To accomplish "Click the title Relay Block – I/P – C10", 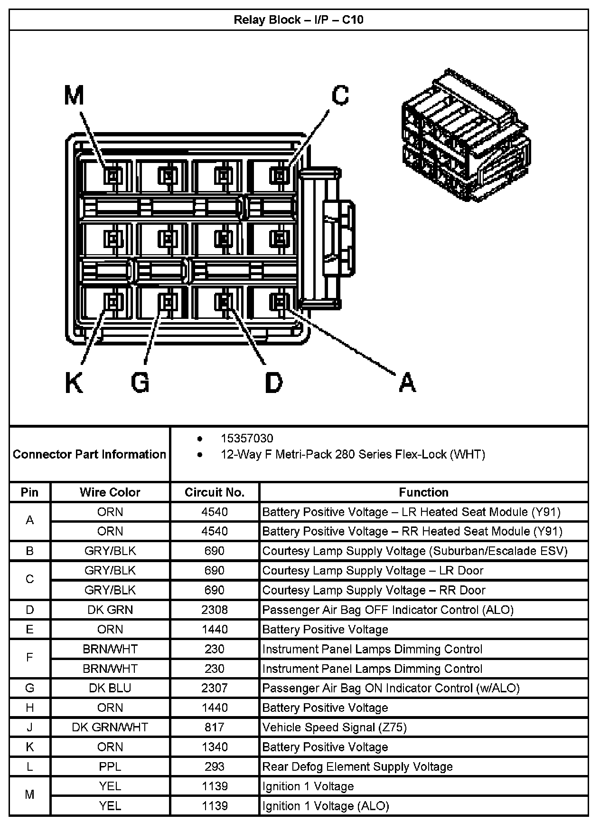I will [299, 20].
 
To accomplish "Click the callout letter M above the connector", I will [74, 96].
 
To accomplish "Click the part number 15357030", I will [247, 439].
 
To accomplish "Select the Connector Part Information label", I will [90, 454].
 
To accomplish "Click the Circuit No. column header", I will [215, 492].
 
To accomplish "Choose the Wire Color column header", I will [110, 492].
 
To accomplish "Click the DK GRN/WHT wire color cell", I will [110, 727].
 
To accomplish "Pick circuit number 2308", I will [215, 610].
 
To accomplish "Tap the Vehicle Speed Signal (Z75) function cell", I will [335, 727].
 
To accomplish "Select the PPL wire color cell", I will [110, 766].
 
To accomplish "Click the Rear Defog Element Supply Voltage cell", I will [357, 766].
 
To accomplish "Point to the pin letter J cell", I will [30, 727].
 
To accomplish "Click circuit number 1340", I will [215, 747].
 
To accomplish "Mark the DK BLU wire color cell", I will [110, 688].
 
